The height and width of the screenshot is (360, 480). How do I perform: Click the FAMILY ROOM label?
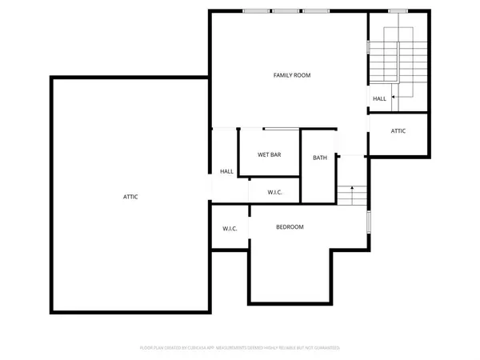tap(291, 75)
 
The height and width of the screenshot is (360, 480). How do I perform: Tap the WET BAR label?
tap(268, 154)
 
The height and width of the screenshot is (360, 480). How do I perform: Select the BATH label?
tap(320, 158)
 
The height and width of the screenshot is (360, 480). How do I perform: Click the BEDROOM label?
tap(290, 227)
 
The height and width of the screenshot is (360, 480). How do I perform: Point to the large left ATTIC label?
tap(130, 197)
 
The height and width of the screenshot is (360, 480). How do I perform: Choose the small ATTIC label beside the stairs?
tap(398, 130)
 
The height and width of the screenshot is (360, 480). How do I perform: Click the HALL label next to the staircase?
tap(379, 99)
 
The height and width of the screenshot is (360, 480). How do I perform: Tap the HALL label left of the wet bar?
tap(226, 171)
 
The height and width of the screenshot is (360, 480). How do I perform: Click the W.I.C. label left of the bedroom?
tap(230, 230)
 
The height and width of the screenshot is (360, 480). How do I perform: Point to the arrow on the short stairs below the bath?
tap(351, 189)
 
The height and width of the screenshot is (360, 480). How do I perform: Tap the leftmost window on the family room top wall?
tap(257, 11)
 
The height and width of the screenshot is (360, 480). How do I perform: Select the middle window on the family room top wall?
tap(286, 11)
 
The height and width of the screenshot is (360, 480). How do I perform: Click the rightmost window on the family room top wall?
tap(314, 11)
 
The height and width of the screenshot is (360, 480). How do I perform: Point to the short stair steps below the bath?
tap(351, 195)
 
